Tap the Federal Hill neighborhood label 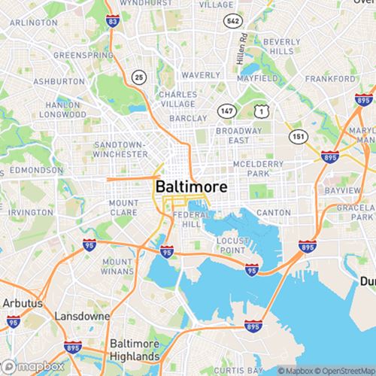(187, 219)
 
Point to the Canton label (273, 213)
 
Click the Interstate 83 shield (112, 21)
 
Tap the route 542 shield (232, 21)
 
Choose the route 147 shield (226, 111)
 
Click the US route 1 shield (261, 111)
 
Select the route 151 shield (298, 136)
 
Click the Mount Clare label (123, 208)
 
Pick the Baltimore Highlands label (135, 350)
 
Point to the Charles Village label (177, 99)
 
